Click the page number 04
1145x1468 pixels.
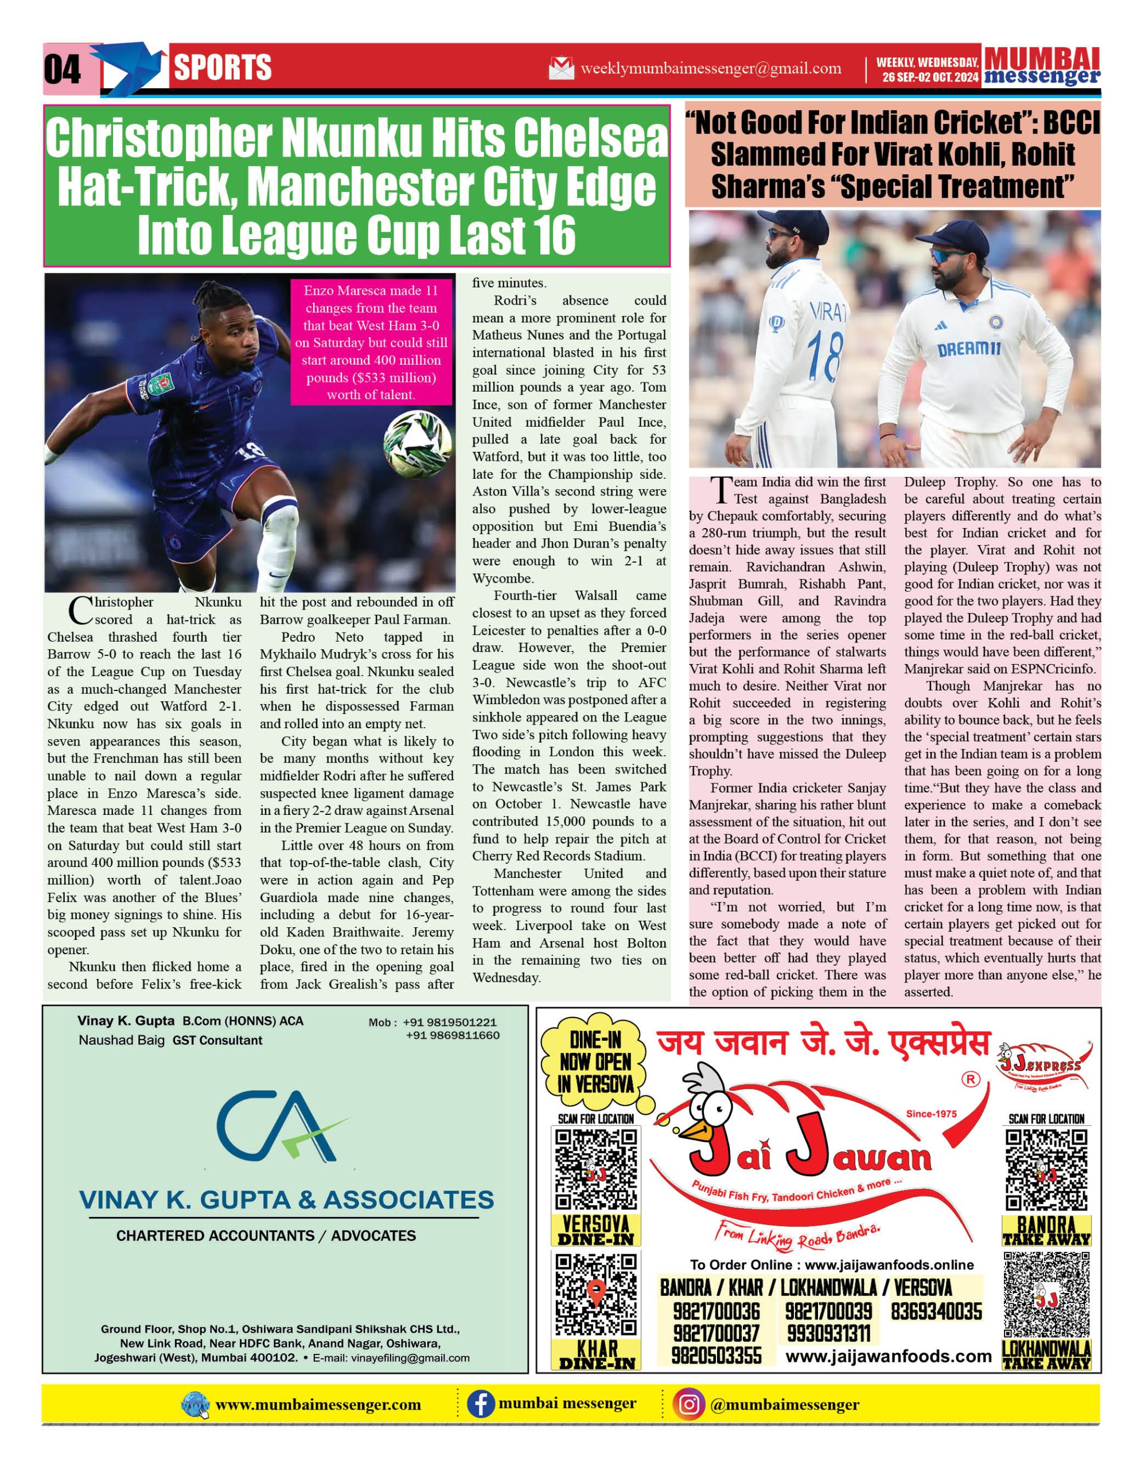click(62, 69)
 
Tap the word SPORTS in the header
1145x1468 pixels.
click(223, 68)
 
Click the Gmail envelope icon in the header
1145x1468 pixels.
click(562, 69)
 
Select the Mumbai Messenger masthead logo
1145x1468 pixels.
click(1042, 67)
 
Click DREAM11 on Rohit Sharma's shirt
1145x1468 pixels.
click(969, 350)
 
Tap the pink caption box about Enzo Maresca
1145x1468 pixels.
click(371, 343)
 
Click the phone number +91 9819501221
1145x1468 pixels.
click(450, 1022)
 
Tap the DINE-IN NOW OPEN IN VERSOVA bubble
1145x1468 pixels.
click(595, 1062)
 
